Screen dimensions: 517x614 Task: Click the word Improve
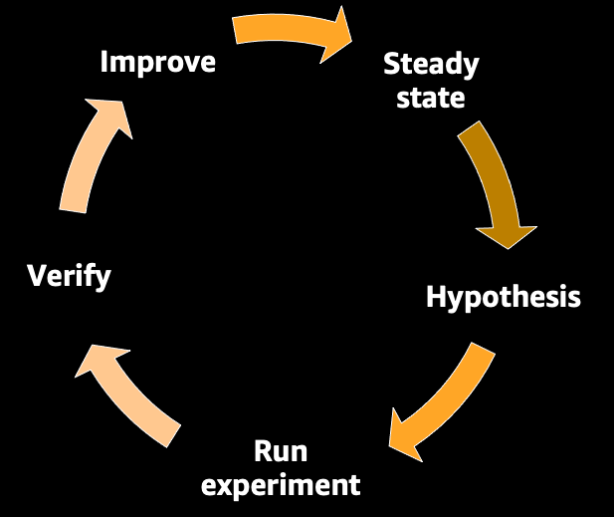pos(158,62)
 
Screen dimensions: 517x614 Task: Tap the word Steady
pos(431,66)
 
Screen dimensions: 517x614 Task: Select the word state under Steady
pos(431,97)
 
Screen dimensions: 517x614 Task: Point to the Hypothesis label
pos(504,297)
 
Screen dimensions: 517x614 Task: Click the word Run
pos(281,451)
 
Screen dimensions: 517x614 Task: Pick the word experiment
pos(281,485)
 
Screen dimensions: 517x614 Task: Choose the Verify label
pos(69,275)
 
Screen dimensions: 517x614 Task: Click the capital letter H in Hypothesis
pos(435,296)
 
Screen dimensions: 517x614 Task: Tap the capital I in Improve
pos(105,62)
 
